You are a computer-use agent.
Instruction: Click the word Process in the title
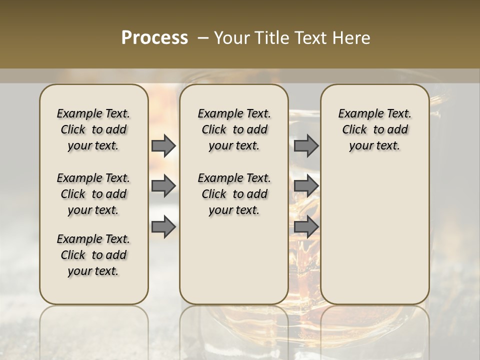click(x=154, y=38)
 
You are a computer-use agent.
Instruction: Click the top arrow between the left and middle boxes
click(x=163, y=146)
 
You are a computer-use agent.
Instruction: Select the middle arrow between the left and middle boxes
click(x=163, y=186)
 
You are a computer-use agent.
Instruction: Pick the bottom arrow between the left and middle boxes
click(x=163, y=227)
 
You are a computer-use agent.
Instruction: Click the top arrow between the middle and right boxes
click(x=306, y=146)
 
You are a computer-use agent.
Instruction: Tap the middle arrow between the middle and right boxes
click(x=306, y=186)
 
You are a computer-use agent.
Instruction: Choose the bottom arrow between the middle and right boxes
click(x=306, y=227)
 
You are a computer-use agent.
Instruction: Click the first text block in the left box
click(x=93, y=130)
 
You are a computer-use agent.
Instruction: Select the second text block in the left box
click(x=93, y=194)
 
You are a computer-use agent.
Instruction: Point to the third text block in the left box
click(x=93, y=255)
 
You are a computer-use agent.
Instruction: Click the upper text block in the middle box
click(x=234, y=130)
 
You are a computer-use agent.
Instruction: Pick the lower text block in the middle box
click(x=234, y=194)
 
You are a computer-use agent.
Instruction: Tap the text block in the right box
click(x=374, y=130)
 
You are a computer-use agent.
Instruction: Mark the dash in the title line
click(x=203, y=38)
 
